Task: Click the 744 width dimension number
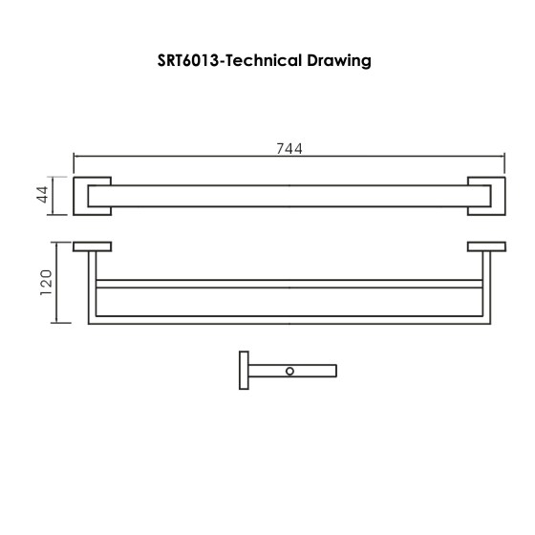click(289, 148)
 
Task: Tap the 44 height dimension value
click(42, 196)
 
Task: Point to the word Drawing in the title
click(337, 59)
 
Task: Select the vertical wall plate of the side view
click(240, 368)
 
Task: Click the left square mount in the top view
click(93, 195)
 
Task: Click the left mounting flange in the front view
click(93, 246)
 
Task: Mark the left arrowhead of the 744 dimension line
click(77, 158)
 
